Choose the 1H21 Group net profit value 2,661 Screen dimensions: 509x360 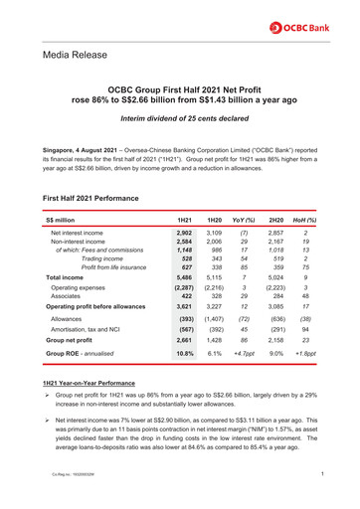click(182, 339)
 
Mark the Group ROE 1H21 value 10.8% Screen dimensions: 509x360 click(183, 353)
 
